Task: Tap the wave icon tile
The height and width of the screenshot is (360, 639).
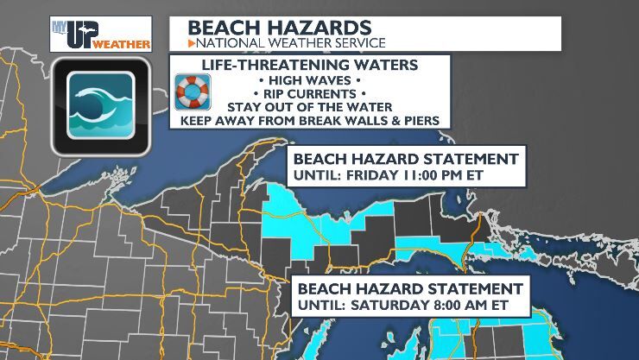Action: [x=100, y=107]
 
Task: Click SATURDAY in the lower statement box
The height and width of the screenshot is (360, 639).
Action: [x=392, y=305]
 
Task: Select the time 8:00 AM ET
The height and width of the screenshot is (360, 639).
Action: [x=465, y=305]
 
